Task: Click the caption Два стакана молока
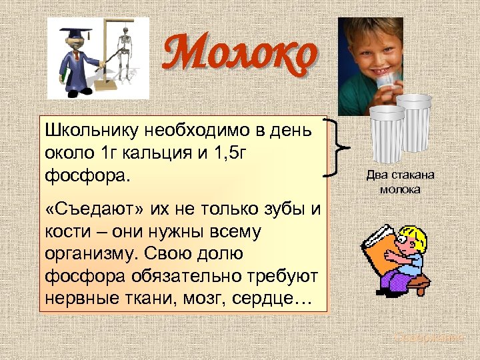[399, 182]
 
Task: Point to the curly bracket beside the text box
[338, 147]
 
